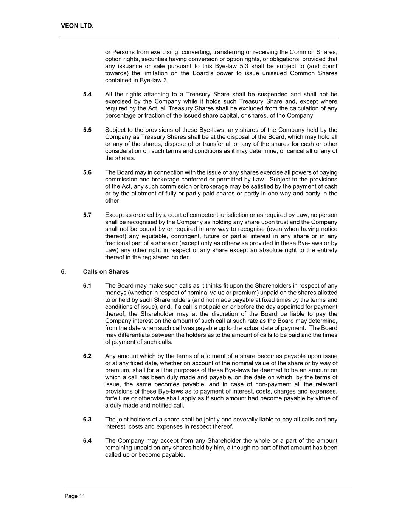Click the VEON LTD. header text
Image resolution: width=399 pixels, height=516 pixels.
(77, 26)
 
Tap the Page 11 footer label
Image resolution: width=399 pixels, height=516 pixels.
(75, 496)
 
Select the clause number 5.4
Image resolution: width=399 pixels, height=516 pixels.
(87, 94)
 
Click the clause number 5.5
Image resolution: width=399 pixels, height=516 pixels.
(87, 130)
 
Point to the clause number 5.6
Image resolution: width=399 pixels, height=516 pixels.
(87, 172)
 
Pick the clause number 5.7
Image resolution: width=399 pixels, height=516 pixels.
(87, 215)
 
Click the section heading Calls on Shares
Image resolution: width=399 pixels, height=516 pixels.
(106, 271)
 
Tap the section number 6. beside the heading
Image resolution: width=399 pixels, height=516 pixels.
(63, 271)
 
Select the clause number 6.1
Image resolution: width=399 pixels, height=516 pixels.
(87, 285)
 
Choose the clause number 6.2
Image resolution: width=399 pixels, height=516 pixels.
(87, 356)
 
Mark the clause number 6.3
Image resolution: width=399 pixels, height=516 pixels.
(87, 419)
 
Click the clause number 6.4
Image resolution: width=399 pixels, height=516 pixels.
(87, 440)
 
